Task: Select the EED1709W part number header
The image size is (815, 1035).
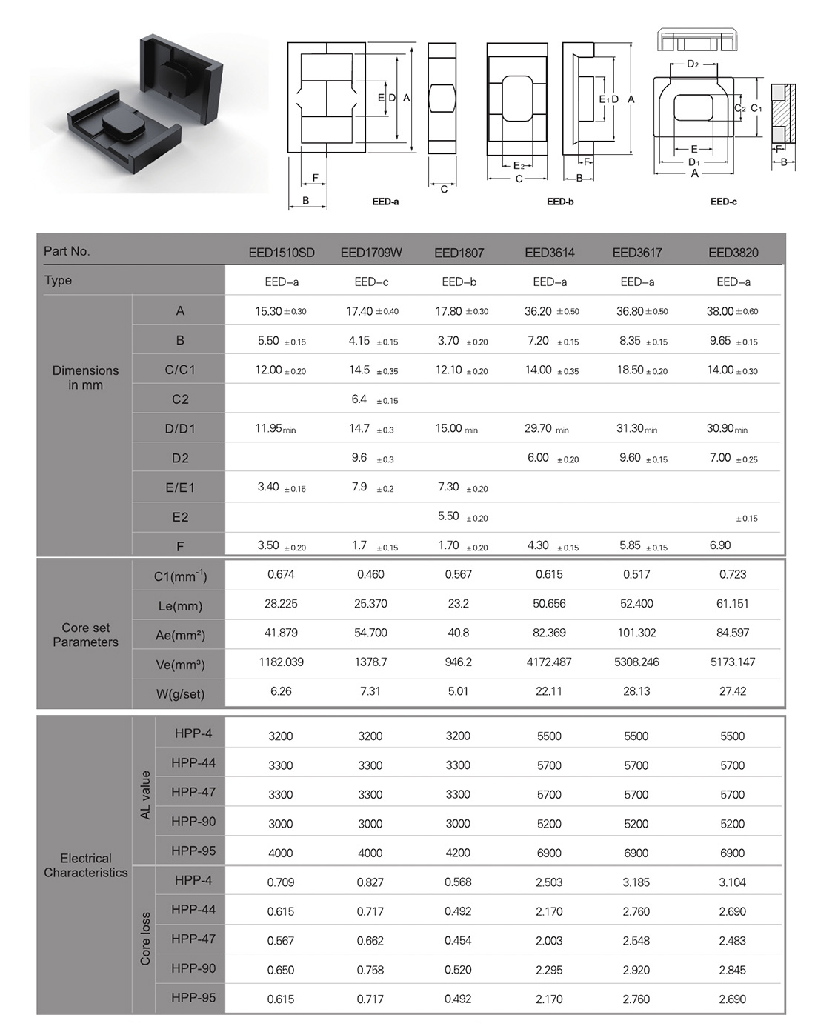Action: point(371,253)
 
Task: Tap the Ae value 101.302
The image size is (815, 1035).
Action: point(636,633)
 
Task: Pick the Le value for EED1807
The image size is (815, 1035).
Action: point(458,604)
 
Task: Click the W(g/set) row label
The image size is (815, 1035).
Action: point(179,694)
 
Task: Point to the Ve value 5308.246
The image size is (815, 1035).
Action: point(636,662)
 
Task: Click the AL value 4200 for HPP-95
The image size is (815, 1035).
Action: point(458,853)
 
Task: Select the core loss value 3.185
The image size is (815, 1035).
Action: point(636,882)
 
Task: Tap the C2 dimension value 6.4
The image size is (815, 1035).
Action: point(359,399)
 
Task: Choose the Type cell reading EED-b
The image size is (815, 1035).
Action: point(459,282)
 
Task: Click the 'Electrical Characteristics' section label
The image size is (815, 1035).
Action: point(85,865)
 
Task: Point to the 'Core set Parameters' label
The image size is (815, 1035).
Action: point(85,635)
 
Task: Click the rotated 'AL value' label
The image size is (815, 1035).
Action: point(145,795)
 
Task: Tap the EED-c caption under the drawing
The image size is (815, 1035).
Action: point(723,202)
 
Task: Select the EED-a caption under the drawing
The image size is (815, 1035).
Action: point(385,202)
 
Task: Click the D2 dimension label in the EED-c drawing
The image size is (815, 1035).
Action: point(693,64)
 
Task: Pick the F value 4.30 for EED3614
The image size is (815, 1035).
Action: point(538,545)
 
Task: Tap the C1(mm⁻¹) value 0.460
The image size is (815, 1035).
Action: point(370,574)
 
